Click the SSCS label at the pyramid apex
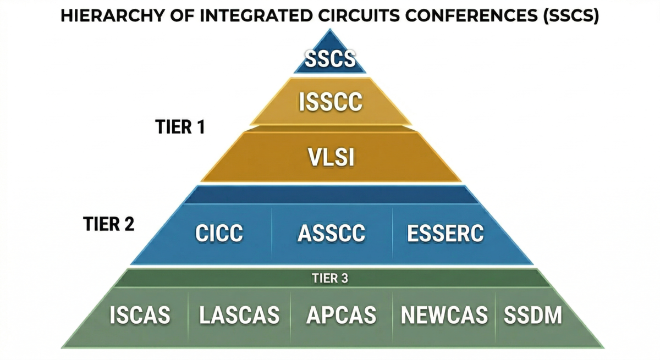pos(330,59)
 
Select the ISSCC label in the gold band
pos(331,102)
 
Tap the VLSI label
pos(331,157)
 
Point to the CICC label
pos(219,233)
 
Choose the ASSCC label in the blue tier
pos(332,233)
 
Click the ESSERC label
pos(446,233)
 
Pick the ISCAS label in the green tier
pos(140,315)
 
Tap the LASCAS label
pos(239,315)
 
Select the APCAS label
pos(341,315)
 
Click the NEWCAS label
pos(444,315)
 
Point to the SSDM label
pos(533,315)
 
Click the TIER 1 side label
pos(180,127)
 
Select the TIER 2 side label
pos(109,224)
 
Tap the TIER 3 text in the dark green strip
pos(330,278)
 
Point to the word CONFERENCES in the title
pos(472,15)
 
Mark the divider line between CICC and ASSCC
pos(272,234)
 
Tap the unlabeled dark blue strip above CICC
pos(331,195)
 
